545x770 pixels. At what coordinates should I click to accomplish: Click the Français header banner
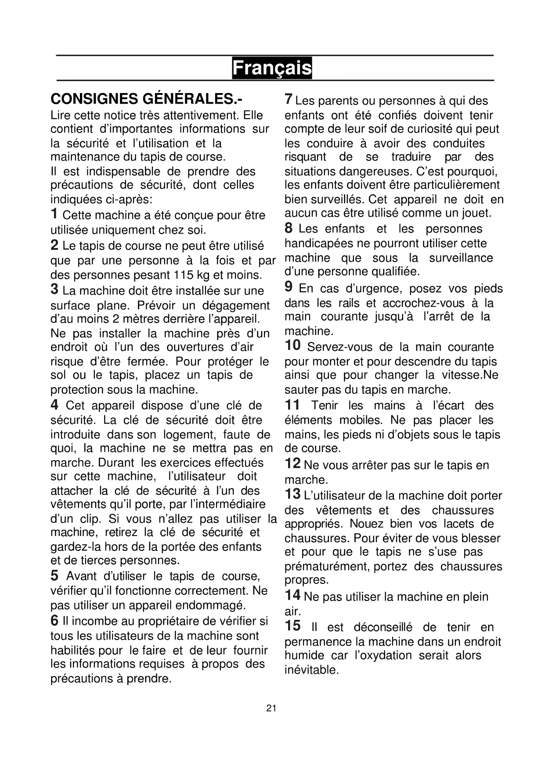[x=272, y=68]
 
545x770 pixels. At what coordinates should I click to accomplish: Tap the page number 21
[x=271, y=708]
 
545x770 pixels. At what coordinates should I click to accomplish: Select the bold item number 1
[x=54, y=214]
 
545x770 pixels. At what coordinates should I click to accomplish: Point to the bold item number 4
[x=54, y=404]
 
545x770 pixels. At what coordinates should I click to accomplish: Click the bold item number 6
[x=54, y=620]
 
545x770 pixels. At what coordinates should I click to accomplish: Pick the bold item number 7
[x=289, y=99]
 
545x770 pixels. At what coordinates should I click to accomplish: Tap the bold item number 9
[x=289, y=287]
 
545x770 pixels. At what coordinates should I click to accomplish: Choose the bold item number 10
[x=293, y=345]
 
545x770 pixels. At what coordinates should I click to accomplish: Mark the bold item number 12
[x=293, y=464]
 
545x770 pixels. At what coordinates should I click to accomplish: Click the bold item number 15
[x=293, y=626]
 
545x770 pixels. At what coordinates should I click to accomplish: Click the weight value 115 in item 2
[x=183, y=275]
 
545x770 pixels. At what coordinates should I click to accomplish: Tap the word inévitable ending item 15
[x=312, y=670]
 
